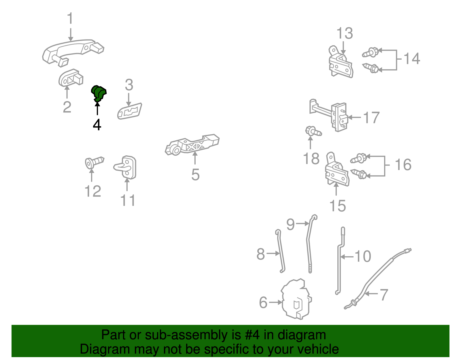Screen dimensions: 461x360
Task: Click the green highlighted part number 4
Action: (x=99, y=93)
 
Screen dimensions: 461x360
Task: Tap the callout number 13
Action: (x=345, y=33)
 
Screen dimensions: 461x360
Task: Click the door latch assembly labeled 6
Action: (x=296, y=299)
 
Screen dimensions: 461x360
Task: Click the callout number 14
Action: (x=411, y=59)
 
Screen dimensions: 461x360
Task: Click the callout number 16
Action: (x=403, y=165)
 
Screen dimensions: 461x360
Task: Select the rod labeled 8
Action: (x=280, y=251)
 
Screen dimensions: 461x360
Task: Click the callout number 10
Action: (x=363, y=256)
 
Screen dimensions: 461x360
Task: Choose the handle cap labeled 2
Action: (x=71, y=78)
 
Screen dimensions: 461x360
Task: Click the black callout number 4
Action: (x=97, y=125)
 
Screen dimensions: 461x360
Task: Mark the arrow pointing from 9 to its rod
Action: (x=302, y=223)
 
